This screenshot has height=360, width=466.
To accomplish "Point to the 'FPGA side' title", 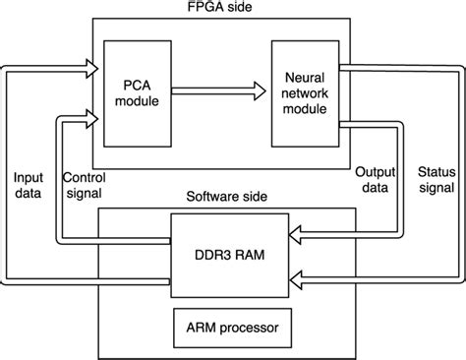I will coord(233,9).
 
